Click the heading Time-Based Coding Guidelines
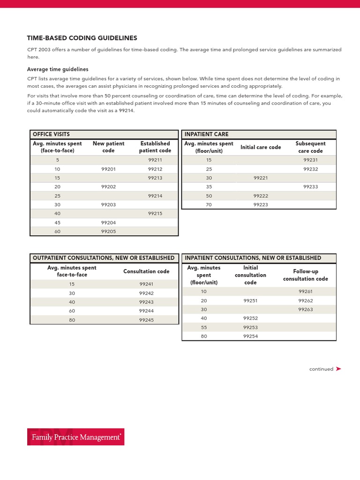pos(82,38)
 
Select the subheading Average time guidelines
pos(58,69)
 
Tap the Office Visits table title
pos(51,134)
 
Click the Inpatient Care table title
pos(207,134)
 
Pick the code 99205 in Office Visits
pos(108,232)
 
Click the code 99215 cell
pos(155,213)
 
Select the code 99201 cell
pos(108,169)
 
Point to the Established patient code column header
pos(155,147)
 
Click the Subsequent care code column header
pos(310,147)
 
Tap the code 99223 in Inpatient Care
pos(261,205)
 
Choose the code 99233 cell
pos(310,187)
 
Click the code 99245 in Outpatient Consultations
pos(146,320)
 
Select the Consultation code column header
pos(146,271)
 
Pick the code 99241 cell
pos(146,284)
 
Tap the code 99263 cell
pos(306,309)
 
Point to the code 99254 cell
pos(250,336)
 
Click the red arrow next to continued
pos(338,369)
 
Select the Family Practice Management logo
pos(76,437)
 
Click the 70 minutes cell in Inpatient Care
pos(209,205)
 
